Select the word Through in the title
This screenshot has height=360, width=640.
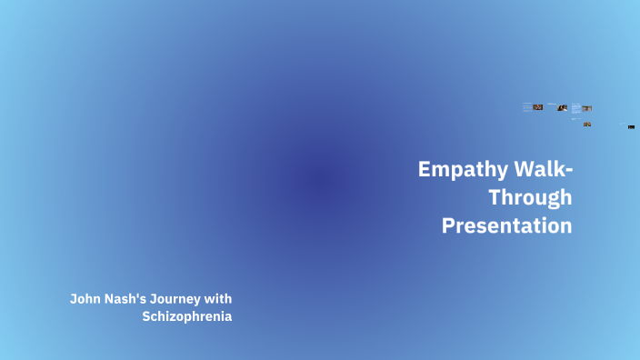click(x=530, y=197)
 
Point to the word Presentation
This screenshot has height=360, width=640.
click(x=507, y=225)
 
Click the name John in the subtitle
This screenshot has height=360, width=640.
click(x=85, y=298)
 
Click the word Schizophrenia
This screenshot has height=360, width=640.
click(x=194, y=316)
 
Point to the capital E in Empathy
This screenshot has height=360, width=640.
click(x=425, y=170)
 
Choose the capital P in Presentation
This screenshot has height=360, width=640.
click(x=448, y=225)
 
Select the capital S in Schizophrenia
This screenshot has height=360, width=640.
click(x=146, y=316)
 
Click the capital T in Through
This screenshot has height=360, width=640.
click(x=495, y=197)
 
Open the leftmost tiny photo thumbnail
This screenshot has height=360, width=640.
click(x=537, y=107)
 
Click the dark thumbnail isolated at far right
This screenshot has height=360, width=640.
click(x=631, y=127)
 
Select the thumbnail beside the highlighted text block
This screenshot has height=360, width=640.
click(x=586, y=109)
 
